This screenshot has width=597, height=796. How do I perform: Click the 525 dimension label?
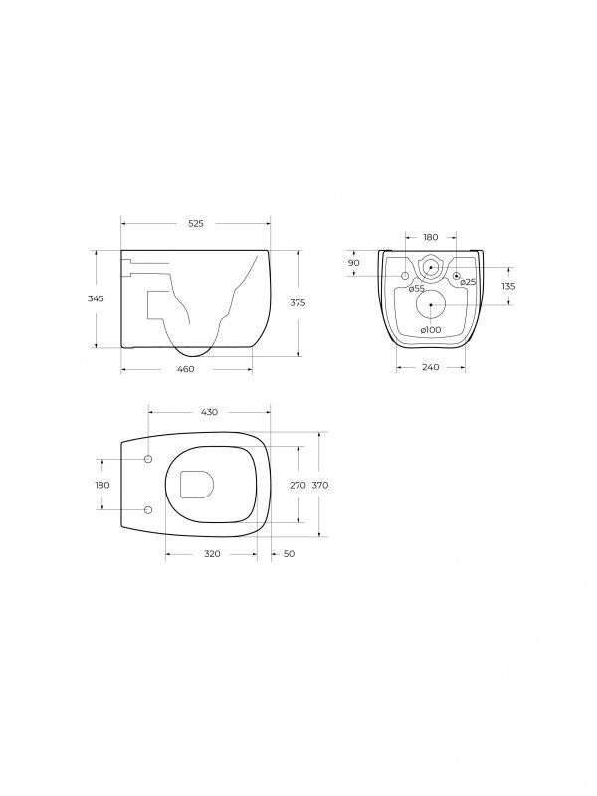(196, 223)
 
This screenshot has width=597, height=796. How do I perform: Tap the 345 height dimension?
(96, 298)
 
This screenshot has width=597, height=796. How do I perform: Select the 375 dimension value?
(298, 303)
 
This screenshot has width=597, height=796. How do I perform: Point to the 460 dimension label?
(186, 369)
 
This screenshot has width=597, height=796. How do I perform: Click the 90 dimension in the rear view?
(354, 263)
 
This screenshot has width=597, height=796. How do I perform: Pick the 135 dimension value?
(508, 286)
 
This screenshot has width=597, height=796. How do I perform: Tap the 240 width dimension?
(431, 367)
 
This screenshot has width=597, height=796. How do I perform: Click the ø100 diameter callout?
(431, 330)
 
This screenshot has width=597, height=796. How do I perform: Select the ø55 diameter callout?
(417, 288)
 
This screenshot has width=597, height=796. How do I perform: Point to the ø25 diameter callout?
(468, 282)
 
